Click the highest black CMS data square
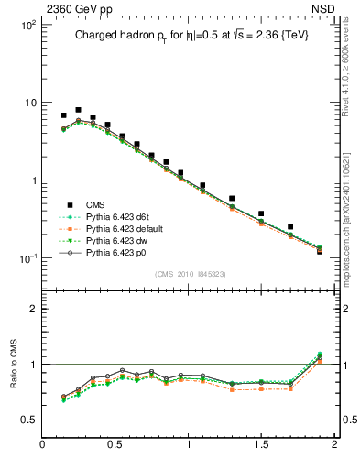78,110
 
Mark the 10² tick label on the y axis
29,25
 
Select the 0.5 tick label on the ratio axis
27,420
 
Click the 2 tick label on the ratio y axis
32,309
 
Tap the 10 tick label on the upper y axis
30,103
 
